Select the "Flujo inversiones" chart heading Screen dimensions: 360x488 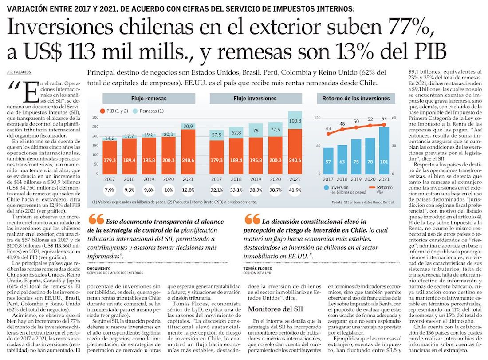256,98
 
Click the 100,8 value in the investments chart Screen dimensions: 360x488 295,121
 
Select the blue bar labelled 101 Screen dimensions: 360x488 383,151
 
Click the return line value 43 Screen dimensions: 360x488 328,128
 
